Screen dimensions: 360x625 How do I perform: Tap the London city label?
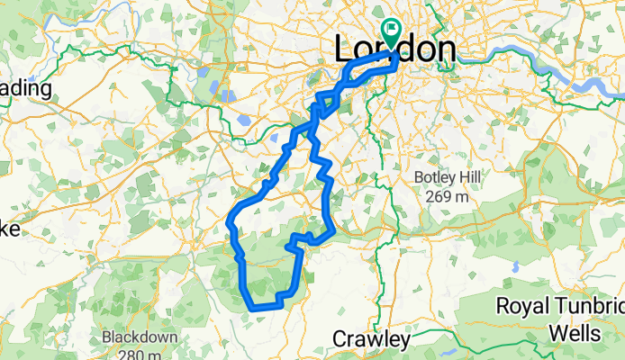click(394, 49)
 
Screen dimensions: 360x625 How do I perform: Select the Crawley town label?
click(371, 339)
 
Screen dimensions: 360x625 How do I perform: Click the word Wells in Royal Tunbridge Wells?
click(576, 334)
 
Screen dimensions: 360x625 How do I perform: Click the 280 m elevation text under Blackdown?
click(140, 355)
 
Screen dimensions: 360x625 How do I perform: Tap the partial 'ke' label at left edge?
click(9, 229)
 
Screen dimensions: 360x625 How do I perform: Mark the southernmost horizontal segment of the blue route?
click(264, 307)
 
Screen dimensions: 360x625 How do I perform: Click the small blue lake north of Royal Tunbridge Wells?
click(514, 267)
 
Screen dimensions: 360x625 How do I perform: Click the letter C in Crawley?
click(340, 339)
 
